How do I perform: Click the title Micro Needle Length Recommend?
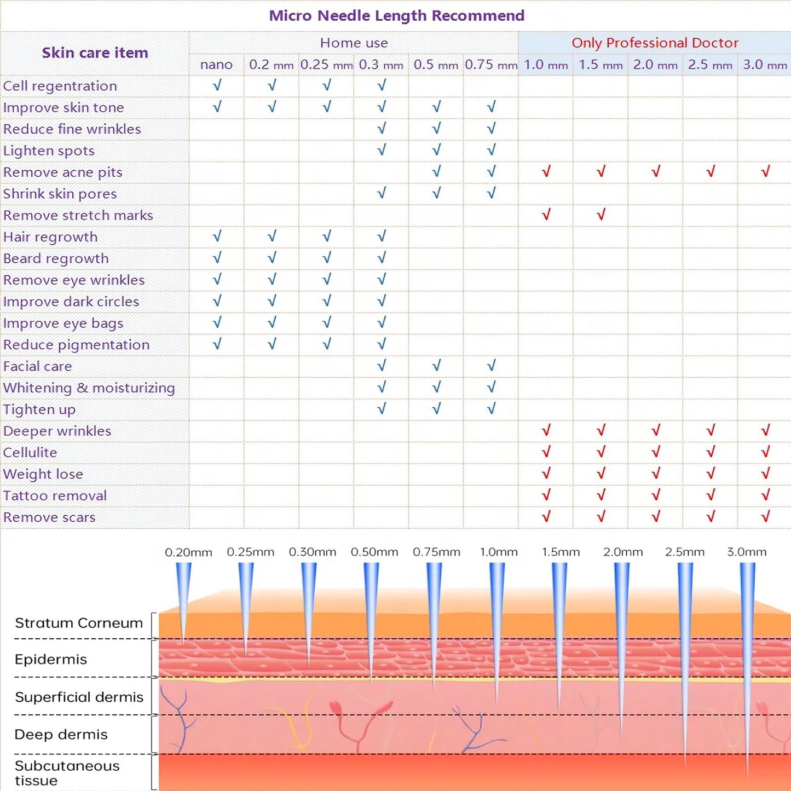pyautogui.click(x=396, y=15)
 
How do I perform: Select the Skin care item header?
pyautogui.click(x=95, y=53)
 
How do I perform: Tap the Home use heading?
pyautogui.click(x=354, y=43)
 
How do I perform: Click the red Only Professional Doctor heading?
pyautogui.click(x=655, y=43)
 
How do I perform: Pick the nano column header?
pyautogui.click(x=216, y=65)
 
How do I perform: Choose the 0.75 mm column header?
pyautogui.click(x=491, y=65)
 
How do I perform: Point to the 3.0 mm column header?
pyautogui.click(x=765, y=65)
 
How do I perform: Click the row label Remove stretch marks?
pyautogui.click(x=78, y=215)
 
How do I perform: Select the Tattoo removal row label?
pyautogui.click(x=55, y=495)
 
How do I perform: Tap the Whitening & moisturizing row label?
pyautogui.click(x=89, y=388)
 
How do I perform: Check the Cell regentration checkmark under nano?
pyautogui.click(x=217, y=85)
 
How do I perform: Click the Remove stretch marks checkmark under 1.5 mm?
pyautogui.click(x=601, y=214)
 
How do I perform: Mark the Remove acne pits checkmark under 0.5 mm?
pyautogui.click(x=436, y=171)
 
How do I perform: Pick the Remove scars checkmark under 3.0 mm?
pyautogui.click(x=766, y=516)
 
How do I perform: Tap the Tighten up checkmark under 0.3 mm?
pyautogui.click(x=382, y=408)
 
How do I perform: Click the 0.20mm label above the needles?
pyautogui.click(x=188, y=552)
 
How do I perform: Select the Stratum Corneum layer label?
pyautogui.click(x=79, y=623)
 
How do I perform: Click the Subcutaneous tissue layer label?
pyautogui.click(x=67, y=773)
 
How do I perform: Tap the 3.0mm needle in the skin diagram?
pyautogui.click(x=748, y=669)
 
